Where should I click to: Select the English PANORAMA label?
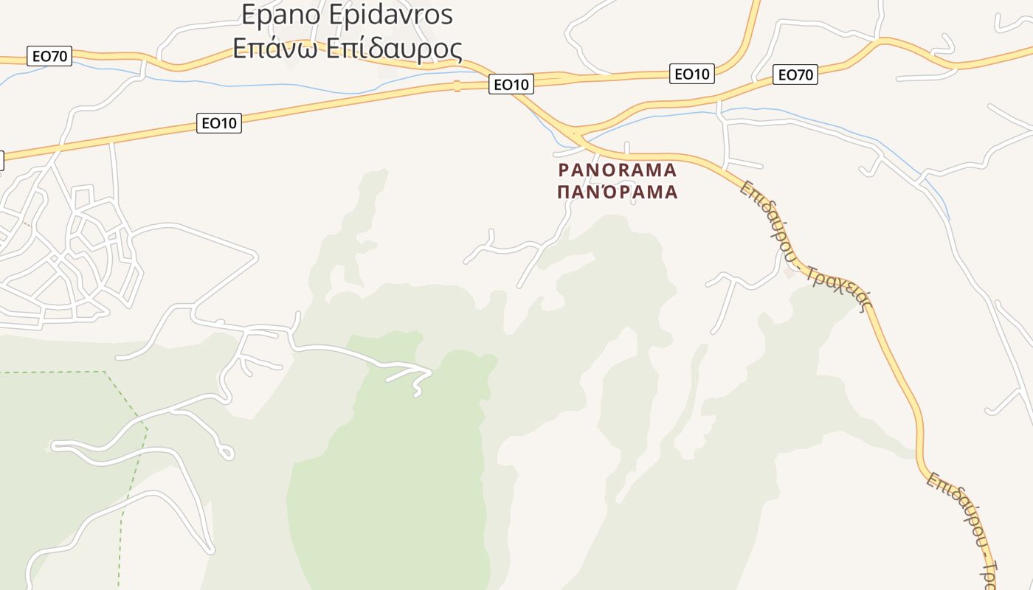click(617, 170)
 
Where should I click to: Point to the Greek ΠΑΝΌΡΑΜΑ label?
click(617, 192)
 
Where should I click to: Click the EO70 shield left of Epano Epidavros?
click(49, 56)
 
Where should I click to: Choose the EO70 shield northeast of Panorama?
click(795, 74)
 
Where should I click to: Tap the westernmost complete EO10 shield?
click(219, 123)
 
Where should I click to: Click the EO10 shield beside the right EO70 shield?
click(692, 74)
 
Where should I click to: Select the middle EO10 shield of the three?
click(511, 85)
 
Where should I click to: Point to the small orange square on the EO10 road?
click(457, 86)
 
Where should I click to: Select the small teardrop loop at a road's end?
click(227, 452)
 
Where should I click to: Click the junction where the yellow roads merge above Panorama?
click(576, 134)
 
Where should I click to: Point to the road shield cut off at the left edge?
click(1, 161)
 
